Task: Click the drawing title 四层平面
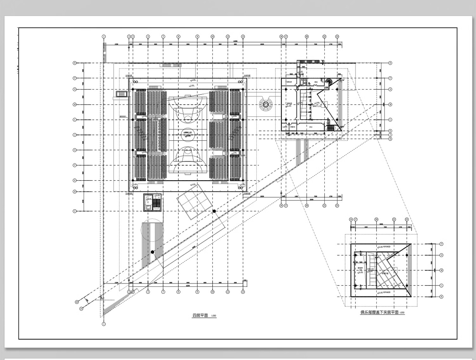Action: (200, 315)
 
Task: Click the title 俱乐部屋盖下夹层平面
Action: (379, 312)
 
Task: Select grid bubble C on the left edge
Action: (75, 211)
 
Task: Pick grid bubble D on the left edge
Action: (75, 192)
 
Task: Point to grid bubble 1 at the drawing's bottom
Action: (103, 324)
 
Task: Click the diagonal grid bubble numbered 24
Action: (77, 302)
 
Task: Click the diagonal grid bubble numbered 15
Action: (81, 308)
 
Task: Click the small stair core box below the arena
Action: (152, 202)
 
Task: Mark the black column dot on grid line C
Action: (214, 211)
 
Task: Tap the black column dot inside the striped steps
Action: (153, 252)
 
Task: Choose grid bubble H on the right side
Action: (390, 139)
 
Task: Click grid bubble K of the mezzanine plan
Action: (441, 297)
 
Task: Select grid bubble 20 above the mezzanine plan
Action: (376, 219)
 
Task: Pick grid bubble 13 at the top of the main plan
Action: (243, 36)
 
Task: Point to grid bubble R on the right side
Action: (390, 63)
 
